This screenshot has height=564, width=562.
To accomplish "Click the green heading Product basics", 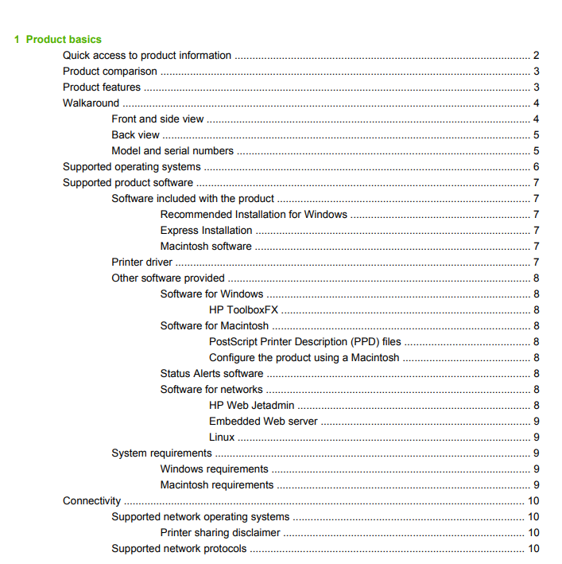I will (x=64, y=39).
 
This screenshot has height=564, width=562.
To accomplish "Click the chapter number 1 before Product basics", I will (x=17, y=39).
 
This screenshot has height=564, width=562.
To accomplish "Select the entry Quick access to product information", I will (x=147, y=56).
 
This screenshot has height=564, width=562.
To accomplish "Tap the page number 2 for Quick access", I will (x=537, y=56).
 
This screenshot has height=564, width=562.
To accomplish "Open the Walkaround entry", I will (x=91, y=103).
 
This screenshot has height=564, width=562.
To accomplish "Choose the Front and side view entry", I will (x=157, y=119).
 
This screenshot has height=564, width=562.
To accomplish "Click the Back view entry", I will (x=135, y=135).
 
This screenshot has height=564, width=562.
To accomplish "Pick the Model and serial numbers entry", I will (x=172, y=151).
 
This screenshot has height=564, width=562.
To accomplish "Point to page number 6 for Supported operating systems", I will (x=537, y=167).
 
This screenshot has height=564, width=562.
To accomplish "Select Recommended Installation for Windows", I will (x=254, y=215).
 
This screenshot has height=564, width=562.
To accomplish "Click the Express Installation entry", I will (x=206, y=231).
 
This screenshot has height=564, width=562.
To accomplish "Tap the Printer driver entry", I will (x=142, y=263).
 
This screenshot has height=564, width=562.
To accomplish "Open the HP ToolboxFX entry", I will (x=243, y=310).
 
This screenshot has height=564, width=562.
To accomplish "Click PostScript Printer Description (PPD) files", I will (x=304, y=342).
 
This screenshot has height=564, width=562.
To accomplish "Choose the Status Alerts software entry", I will (x=211, y=374).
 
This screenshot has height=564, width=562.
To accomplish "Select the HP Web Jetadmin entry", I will (x=252, y=406).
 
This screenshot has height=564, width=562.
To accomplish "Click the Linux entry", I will (x=222, y=438).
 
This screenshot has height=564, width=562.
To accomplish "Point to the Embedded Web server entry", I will (x=263, y=422).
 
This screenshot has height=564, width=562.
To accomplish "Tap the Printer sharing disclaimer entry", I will (x=220, y=533).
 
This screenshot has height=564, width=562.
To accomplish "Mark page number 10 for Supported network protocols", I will (x=534, y=549).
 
